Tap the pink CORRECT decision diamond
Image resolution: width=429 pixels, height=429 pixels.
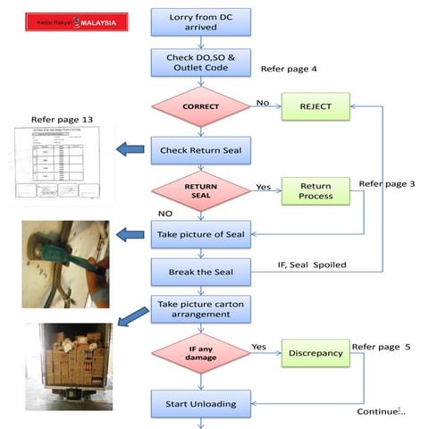point(200,106)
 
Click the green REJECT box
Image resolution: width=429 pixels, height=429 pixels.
point(315,106)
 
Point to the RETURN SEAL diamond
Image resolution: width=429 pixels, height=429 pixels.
point(200,190)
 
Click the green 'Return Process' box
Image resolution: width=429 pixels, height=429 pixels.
point(315,190)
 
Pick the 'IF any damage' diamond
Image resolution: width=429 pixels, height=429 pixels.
point(200,352)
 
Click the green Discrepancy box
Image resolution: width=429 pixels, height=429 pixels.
point(315,352)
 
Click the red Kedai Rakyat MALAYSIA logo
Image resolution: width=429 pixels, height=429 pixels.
point(76,21)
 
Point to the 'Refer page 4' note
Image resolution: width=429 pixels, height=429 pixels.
point(290,69)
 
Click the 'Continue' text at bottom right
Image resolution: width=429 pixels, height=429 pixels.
point(379,411)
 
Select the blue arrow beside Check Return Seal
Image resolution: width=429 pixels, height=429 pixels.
point(130,148)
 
